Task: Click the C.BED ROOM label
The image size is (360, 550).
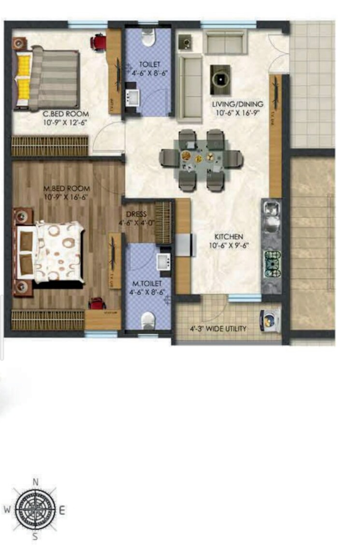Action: (x=59, y=114)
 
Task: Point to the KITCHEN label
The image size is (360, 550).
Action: (x=229, y=237)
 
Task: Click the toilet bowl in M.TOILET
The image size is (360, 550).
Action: (x=148, y=320)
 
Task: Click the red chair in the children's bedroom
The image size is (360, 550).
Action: (x=99, y=42)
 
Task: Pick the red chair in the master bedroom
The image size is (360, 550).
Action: (x=97, y=304)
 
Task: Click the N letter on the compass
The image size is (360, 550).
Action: (x=35, y=482)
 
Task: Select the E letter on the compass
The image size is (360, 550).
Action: (x=62, y=509)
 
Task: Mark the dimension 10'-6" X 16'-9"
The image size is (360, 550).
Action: (x=238, y=113)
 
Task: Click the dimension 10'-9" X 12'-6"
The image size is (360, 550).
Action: (x=59, y=123)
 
